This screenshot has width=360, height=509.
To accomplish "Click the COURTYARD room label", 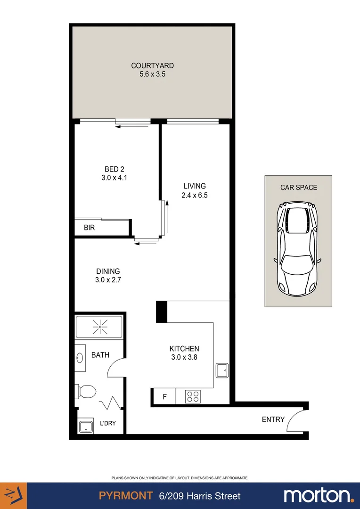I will click(x=152, y=66).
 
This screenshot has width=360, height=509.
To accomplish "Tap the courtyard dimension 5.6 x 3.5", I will click(x=152, y=74).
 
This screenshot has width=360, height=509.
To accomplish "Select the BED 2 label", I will click(x=114, y=169).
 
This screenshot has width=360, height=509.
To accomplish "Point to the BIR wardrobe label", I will click(x=90, y=228).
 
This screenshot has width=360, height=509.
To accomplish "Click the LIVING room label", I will click(x=194, y=186).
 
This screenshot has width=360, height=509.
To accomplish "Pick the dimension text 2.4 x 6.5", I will click(x=194, y=195).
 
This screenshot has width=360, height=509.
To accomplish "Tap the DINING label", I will click(x=108, y=271).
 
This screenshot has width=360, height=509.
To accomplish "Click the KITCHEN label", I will click(x=184, y=349).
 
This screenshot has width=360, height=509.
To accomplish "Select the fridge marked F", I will click(x=164, y=396).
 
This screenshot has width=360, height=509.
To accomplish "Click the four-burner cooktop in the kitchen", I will click(x=193, y=396).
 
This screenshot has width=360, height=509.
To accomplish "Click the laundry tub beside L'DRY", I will click(x=85, y=427).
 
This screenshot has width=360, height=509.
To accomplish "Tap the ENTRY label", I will click(x=273, y=419).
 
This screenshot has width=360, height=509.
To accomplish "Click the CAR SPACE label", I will click(x=299, y=187).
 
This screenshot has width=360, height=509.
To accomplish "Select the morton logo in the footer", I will click(x=319, y=496).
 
